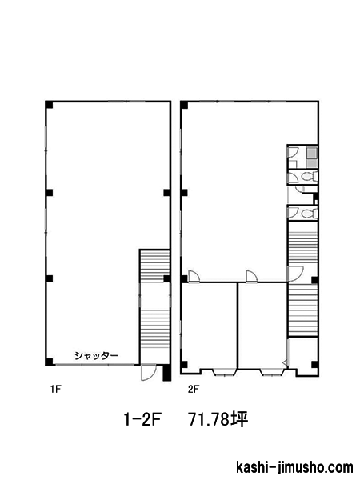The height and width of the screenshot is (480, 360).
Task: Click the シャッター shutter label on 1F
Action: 96,355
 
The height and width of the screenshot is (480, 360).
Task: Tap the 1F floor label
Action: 56,389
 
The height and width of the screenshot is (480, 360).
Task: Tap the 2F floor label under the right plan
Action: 194,389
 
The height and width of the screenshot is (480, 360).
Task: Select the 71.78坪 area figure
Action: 218,419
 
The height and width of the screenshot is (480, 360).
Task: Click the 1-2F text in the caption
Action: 142,419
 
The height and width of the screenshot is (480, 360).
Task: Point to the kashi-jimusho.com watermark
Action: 294,467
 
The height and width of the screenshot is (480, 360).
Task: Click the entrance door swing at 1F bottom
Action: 148,373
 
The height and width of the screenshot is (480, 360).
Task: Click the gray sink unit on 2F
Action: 311,158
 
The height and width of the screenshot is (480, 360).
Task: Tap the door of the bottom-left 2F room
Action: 194,277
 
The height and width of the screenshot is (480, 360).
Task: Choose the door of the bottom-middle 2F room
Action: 252,277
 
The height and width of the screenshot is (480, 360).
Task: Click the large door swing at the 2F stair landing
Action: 295,274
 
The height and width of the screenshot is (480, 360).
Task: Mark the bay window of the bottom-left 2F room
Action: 224,372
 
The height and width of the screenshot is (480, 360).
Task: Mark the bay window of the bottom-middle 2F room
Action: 273,372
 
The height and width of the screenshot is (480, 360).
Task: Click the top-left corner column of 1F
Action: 49,105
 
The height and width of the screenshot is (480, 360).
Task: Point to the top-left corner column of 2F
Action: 184,105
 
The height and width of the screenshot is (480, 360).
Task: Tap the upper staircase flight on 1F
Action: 154,266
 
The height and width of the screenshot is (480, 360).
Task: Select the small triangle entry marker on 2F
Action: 285,363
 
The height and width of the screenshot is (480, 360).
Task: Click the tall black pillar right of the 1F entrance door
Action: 167,372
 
